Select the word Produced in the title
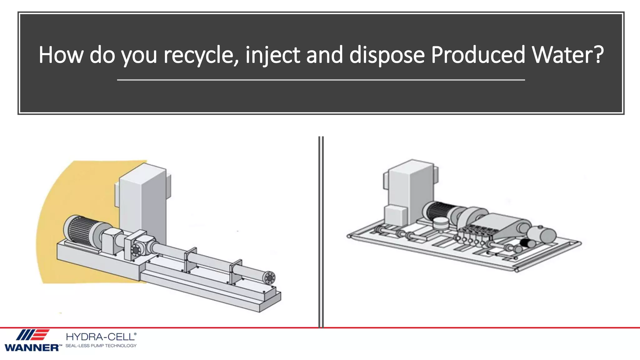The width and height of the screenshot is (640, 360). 478,55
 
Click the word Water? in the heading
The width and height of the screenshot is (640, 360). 567,55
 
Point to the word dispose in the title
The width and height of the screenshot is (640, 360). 387,55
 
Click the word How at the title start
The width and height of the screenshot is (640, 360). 61,55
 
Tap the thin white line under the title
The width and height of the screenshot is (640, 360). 321,80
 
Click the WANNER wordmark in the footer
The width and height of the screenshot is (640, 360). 31,347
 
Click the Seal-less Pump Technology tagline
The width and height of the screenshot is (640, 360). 101,346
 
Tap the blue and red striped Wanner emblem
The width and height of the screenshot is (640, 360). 32,335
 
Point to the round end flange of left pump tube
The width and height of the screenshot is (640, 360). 269,278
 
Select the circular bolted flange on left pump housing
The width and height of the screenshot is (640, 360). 136,250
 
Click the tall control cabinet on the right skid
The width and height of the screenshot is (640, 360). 411,187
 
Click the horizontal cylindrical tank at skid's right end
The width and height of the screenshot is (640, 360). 542,234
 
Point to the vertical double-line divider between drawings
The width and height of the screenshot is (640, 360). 321,231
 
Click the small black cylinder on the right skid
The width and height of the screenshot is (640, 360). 528,242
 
